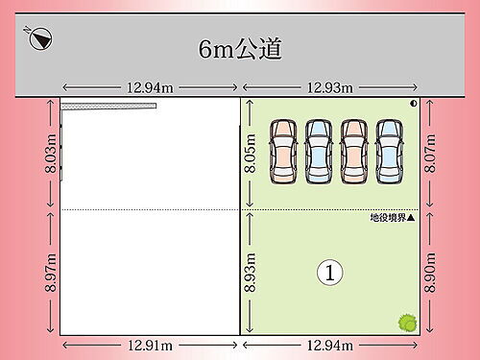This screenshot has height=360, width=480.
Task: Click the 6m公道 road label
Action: coord(240,48)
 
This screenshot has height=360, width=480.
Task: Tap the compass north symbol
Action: coord(40,39)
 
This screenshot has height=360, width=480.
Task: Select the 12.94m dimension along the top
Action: coord(151,87)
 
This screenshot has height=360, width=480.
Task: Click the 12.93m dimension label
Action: coord(329,87)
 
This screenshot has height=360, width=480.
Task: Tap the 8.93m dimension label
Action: coord(251,272)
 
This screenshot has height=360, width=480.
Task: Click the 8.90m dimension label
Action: coord(433,272)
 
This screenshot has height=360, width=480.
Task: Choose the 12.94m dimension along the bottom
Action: coord(329,345)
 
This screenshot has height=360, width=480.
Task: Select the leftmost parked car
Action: coord(284,151)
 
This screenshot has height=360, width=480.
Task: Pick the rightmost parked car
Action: coord(389,151)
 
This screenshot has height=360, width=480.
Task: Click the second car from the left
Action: coord(319,151)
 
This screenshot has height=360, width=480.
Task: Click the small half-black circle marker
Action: coord(414,103)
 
